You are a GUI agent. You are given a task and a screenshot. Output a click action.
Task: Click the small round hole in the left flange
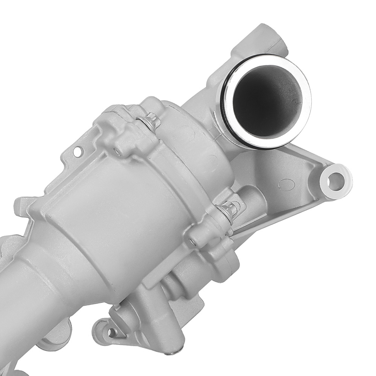pyautogui.click(x=77, y=152)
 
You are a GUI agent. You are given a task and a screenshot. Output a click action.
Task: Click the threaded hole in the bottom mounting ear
pyautogui.click(x=112, y=332)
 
